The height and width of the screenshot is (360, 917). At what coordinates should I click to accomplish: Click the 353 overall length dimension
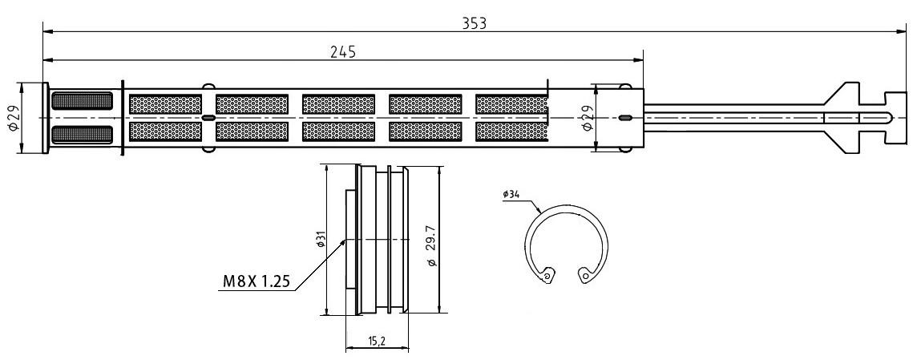(475, 23)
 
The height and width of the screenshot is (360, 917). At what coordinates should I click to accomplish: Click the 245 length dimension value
(343, 52)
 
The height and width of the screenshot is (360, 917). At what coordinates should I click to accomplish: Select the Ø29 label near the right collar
(588, 118)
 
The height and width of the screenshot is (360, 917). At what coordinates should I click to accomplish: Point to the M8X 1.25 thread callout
(257, 281)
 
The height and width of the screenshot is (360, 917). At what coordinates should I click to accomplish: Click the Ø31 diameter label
(321, 240)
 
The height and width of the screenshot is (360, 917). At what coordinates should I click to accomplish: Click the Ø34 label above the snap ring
(511, 194)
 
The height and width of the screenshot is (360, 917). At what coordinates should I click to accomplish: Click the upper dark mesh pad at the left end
(82, 101)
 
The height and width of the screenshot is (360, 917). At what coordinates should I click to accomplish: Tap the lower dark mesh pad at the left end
(82, 135)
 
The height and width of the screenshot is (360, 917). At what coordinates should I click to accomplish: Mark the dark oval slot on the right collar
(624, 118)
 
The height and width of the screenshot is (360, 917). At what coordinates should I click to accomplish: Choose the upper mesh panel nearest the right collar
(511, 104)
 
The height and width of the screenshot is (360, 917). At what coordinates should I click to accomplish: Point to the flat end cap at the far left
(45, 118)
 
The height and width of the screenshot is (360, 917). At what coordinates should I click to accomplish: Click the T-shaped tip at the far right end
(896, 118)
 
